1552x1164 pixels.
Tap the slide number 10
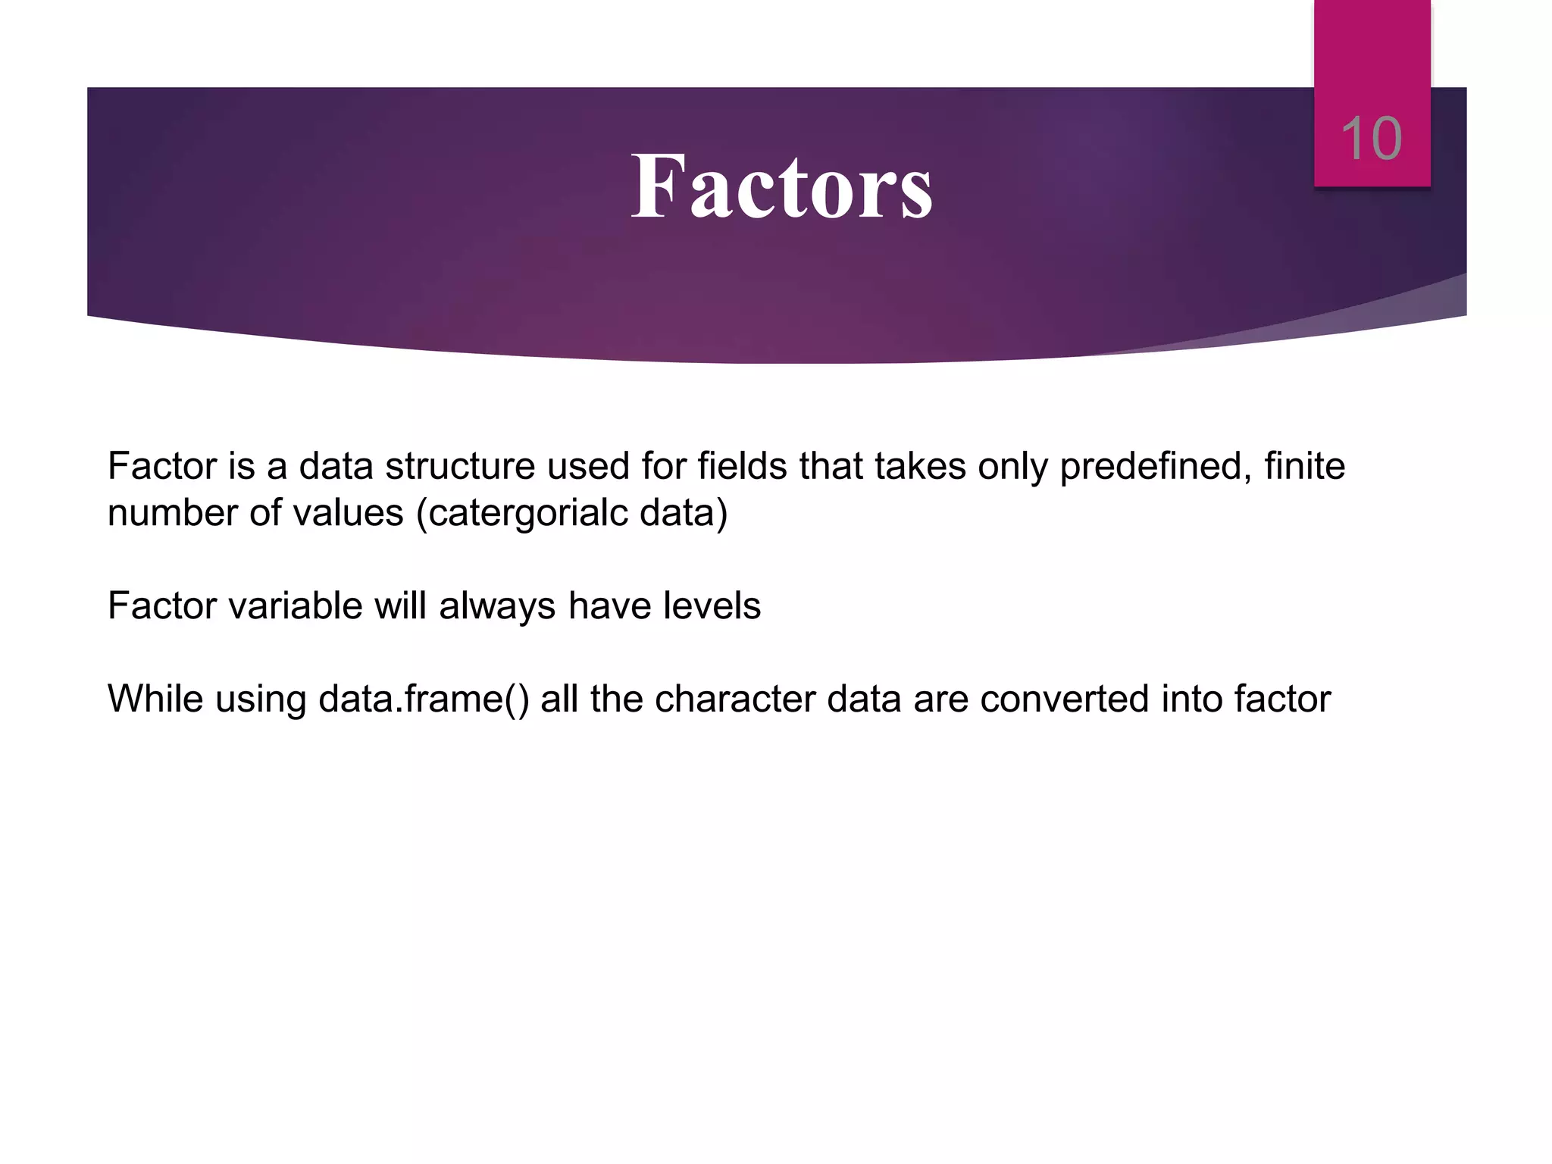(x=1371, y=139)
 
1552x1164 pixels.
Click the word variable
(x=290, y=606)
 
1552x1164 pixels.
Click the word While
(x=155, y=699)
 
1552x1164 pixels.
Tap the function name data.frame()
(x=423, y=699)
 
